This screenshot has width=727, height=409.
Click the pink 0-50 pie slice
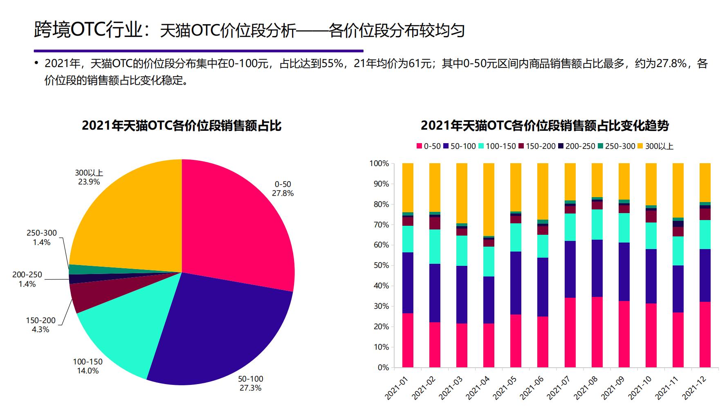237,229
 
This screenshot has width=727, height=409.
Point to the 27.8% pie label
283,189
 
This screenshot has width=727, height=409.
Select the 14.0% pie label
88,366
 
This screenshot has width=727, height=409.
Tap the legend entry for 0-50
428,146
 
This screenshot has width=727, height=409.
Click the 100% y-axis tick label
379,164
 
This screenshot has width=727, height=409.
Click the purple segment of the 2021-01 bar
408,283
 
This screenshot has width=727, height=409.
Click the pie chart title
182,125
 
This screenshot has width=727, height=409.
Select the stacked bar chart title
545,125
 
